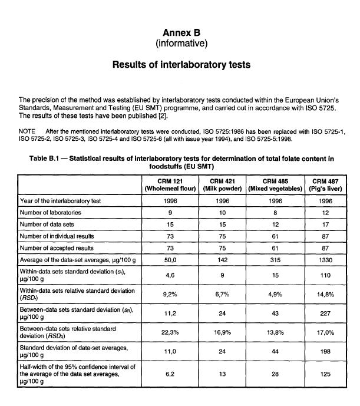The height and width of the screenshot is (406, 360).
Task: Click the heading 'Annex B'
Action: point(181,33)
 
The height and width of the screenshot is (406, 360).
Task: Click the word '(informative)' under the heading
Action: point(181,44)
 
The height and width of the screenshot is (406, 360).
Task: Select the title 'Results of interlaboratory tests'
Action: point(181,65)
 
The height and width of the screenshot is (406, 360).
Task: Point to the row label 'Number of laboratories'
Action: point(50,212)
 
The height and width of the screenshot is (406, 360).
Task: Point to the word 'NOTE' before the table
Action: point(28,132)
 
